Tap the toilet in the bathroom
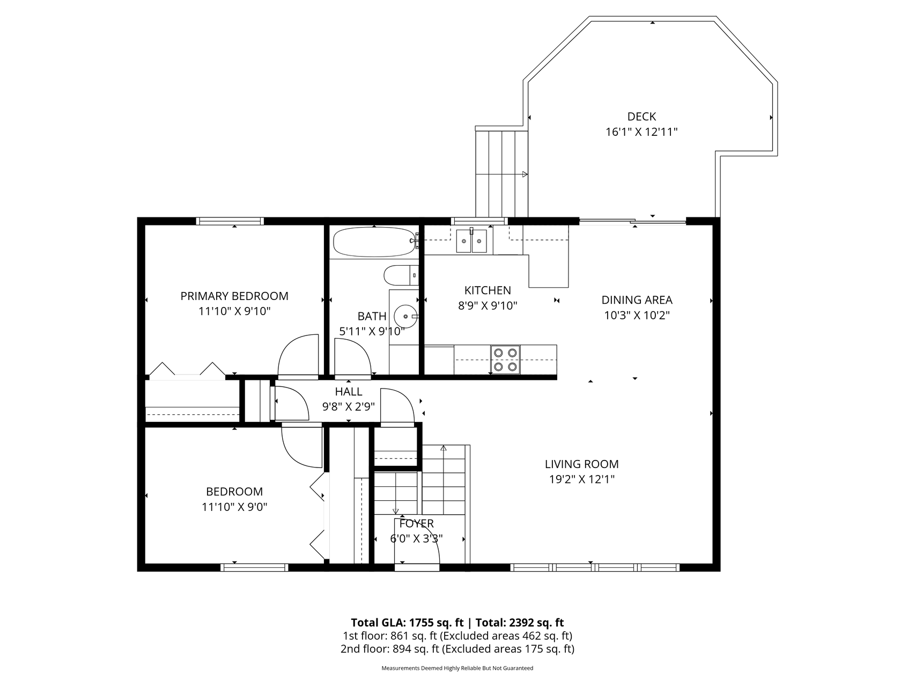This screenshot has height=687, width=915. pyautogui.click(x=401, y=275)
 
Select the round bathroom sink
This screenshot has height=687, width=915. pyautogui.click(x=405, y=316)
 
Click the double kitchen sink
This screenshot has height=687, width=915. pyautogui.click(x=471, y=241)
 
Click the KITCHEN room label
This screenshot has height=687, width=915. pyautogui.click(x=488, y=290)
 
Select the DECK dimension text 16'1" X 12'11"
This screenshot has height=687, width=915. pyautogui.click(x=641, y=132)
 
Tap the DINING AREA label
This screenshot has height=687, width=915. pyautogui.click(x=637, y=300)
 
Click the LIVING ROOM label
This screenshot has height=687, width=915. pyautogui.click(x=581, y=464)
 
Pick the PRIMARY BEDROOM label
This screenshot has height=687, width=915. pyautogui.click(x=234, y=296)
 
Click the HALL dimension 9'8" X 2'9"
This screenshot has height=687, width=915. pyautogui.click(x=349, y=407)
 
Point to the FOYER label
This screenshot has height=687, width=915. pyautogui.click(x=416, y=523)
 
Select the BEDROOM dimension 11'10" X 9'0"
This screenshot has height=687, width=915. pyautogui.click(x=234, y=507)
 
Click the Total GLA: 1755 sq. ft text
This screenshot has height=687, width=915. pyautogui.click(x=407, y=623)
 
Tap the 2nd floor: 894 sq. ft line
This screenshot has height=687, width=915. pyautogui.click(x=458, y=649)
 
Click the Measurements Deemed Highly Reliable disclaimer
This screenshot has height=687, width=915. pyautogui.click(x=458, y=668)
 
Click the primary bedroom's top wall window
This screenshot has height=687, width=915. pyautogui.click(x=230, y=221)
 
